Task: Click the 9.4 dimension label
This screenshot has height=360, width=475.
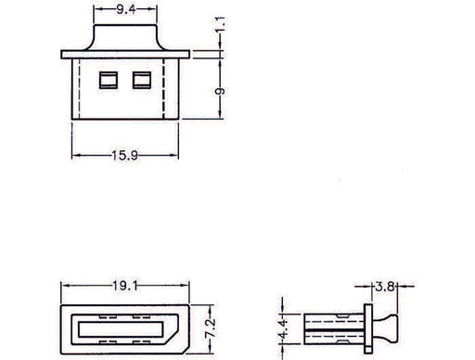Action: pyautogui.click(x=126, y=9)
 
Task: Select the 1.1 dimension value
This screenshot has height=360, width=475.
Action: pyautogui.click(x=221, y=24)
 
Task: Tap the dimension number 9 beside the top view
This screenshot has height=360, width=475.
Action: pyautogui.click(x=220, y=91)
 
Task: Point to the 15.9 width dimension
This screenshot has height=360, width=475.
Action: pyautogui.click(x=124, y=155)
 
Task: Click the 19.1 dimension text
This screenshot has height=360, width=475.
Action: pyautogui.click(x=125, y=286)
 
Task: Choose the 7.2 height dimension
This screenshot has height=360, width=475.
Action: pyautogui.click(x=211, y=328)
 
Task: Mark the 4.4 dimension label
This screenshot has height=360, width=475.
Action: pyautogui.click(x=283, y=328)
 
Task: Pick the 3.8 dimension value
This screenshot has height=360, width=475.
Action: pyautogui.click(x=385, y=287)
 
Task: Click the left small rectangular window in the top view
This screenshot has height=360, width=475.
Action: pyautogui.click(x=109, y=80)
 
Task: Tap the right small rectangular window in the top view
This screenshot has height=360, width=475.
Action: pyautogui.click(x=142, y=80)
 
